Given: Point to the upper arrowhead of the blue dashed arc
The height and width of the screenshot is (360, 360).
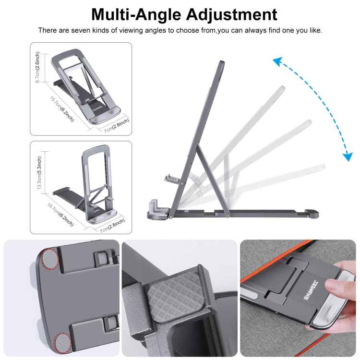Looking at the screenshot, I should [x=277, y=61].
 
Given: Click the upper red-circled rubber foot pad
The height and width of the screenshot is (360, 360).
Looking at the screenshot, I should [x=49, y=259].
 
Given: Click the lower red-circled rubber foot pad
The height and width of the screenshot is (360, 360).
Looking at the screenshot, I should [x=61, y=342].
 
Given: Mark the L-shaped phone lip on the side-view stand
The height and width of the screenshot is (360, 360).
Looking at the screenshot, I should [x=156, y=207].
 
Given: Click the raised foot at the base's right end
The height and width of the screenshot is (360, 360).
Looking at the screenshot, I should [x=312, y=212].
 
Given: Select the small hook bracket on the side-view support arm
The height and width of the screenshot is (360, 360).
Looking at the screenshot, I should [x=172, y=180].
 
